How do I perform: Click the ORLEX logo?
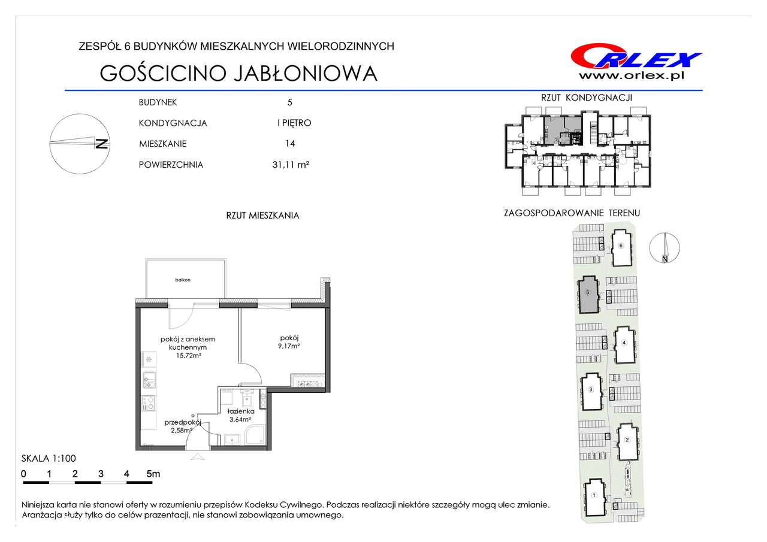636,58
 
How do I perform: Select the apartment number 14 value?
290,143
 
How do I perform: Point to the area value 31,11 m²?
291,165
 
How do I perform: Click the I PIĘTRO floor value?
294,123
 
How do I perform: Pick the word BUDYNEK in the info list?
158,102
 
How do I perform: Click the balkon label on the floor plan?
183,280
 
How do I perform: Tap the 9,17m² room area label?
289,346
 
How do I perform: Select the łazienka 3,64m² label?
241,415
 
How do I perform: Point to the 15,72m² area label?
189,356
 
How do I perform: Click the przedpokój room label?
183,422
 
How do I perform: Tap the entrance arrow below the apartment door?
197,456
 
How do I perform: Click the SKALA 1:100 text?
49,458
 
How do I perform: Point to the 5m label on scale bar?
153,474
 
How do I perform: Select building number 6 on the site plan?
621,246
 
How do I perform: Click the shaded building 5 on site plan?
588,295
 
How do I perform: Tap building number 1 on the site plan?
594,495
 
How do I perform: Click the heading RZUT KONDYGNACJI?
586,98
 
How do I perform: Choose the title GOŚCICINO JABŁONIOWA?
238,73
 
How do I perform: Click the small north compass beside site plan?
665,248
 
